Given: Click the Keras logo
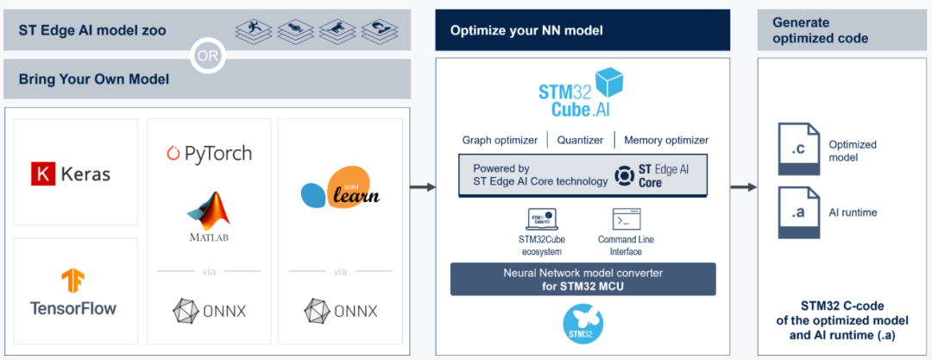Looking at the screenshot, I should tap(72, 174).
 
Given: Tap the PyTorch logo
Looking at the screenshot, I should tap(208, 154).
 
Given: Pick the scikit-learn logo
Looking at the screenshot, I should tap(340, 187).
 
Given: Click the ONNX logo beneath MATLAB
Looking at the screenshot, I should tap(208, 309).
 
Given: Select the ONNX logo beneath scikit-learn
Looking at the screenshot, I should tap(341, 309).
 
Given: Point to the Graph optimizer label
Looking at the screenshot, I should tap(500, 140).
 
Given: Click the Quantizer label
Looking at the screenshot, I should tap(579, 140).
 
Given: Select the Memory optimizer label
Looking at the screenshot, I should tap(665, 140).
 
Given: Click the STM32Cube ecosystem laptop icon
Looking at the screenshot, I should tap(540, 218).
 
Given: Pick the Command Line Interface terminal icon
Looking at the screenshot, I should tap(626, 218).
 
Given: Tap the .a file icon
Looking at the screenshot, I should tap(799, 212).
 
